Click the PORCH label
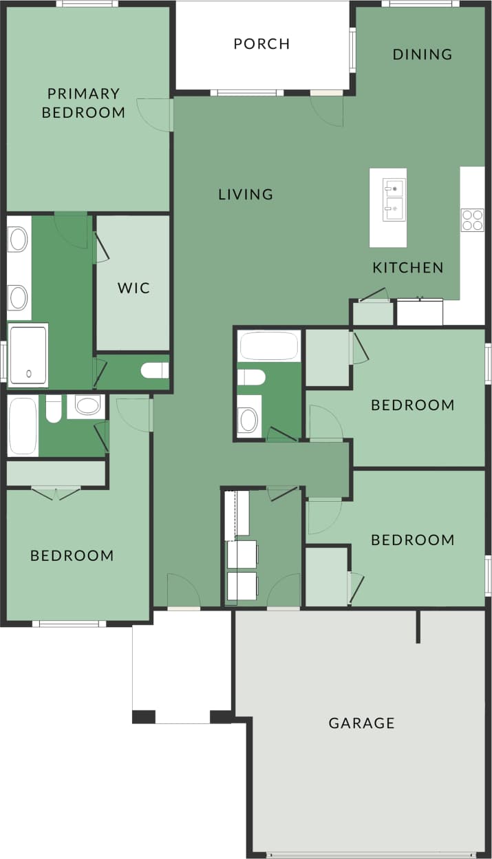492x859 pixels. (x=261, y=44)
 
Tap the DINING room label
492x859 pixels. (x=423, y=54)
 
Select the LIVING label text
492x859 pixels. (x=246, y=194)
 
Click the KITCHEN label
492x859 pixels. (x=408, y=268)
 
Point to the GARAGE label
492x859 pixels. (x=361, y=723)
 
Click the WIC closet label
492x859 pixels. (x=133, y=288)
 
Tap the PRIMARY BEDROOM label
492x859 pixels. (x=83, y=103)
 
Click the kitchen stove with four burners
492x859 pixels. (x=472, y=220)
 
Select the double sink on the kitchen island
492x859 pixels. (x=394, y=199)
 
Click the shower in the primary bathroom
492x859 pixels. (x=28, y=355)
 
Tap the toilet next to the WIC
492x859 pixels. (x=155, y=371)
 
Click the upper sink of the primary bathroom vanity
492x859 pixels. (x=18, y=240)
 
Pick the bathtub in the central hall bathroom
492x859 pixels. (x=269, y=346)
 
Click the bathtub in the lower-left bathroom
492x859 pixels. (x=22, y=426)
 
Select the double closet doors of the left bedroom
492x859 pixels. (x=56, y=492)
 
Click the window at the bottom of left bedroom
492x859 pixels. (x=69, y=624)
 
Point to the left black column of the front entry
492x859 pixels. (x=143, y=717)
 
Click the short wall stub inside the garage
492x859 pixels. (x=418, y=626)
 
